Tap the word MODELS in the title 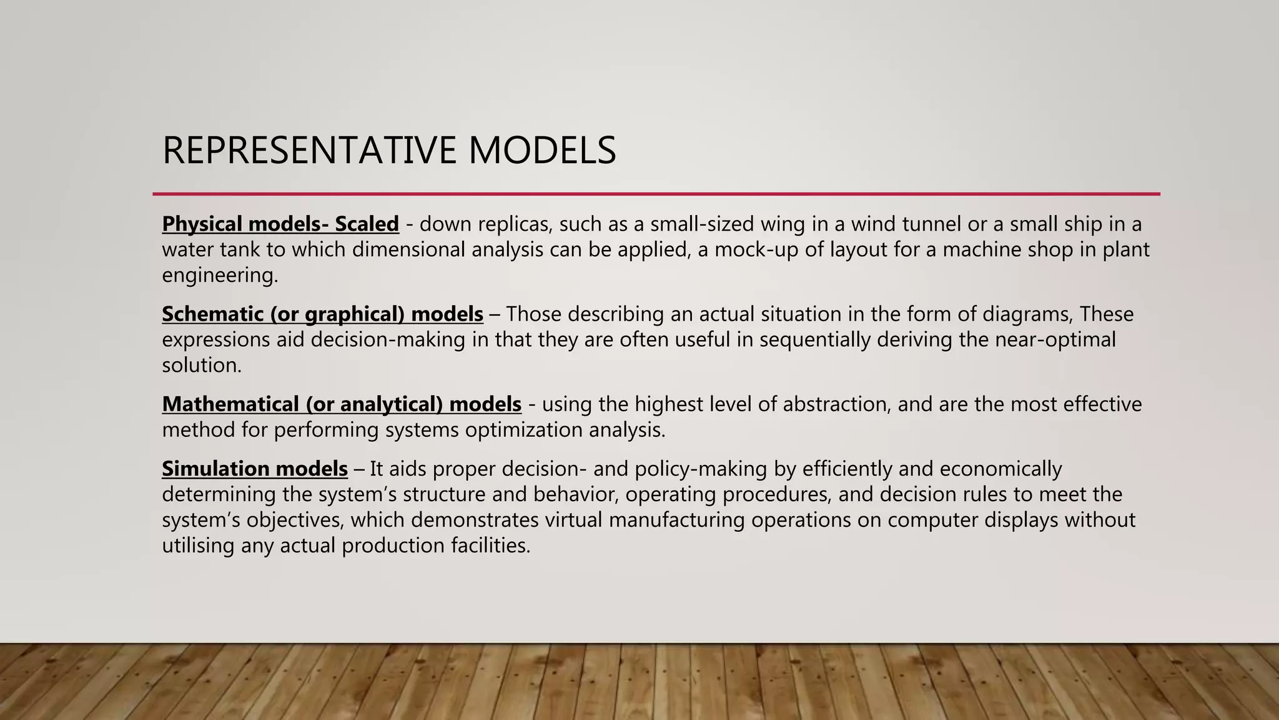pyautogui.click(x=541, y=151)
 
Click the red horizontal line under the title pyautogui.click(x=656, y=194)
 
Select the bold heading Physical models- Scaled pyautogui.click(x=280, y=224)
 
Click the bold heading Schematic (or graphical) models pyautogui.click(x=322, y=314)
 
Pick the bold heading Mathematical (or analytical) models pyautogui.click(x=342, y=404)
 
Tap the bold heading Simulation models pyautogui.click(x=255, y=469)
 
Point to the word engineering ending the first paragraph pyautogui.click(x=219, y=276)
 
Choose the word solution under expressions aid pyautogui.click(x=201, y=366)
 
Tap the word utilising pyautogui.click(x=198, y=546)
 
